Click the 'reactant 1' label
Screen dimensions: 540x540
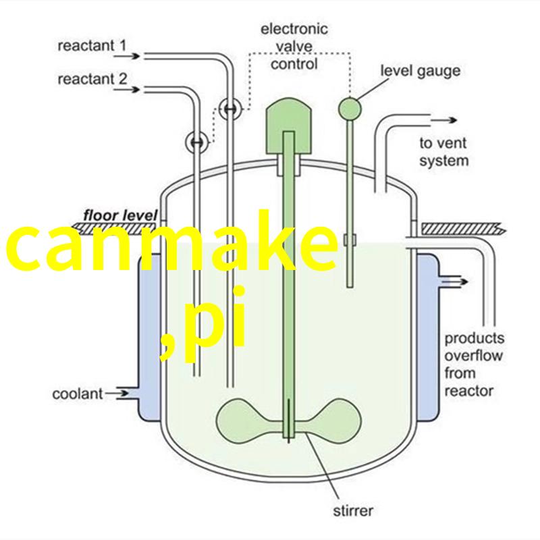(x=92, y=46)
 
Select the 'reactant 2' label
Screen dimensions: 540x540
(x=92, y=79)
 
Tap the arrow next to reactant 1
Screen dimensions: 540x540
(x=127, y=56)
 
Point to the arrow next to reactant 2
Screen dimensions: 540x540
(x=127, y=90)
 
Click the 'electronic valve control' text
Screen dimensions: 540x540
(x=294, y=47)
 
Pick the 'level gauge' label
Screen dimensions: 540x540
(x=420, y=71)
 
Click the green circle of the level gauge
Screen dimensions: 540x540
(x=350, y=109)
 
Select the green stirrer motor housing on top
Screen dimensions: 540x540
(x=289, y=126)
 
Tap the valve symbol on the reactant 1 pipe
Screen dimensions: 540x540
(x=230, y=109)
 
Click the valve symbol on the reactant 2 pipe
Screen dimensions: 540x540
(x=197, y=142)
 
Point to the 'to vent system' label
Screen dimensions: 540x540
(x=443, y=152)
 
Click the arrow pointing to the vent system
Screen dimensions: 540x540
(x=444, y=120)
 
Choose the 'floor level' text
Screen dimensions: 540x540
(x=120, y=215)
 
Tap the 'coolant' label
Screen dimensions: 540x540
(x=78, y=394)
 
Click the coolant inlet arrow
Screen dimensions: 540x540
(x=117, y=394)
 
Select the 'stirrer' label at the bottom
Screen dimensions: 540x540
(x=353, y=510)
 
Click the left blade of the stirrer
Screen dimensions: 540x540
(x=248, y=421)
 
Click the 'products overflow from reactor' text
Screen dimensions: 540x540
(x=475, y=364)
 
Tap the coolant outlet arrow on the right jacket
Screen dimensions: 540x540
(x=454, y=281)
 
